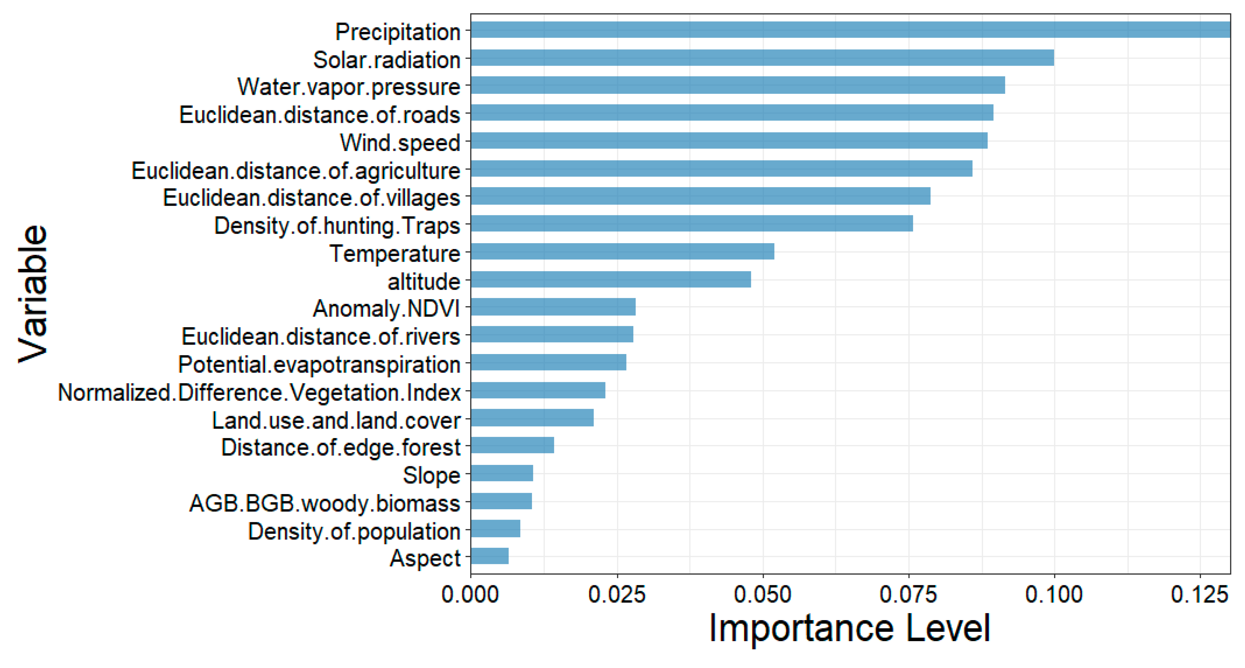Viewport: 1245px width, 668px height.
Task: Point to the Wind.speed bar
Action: coord(729,141)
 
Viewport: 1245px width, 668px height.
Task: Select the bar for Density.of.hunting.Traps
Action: coord(692,224)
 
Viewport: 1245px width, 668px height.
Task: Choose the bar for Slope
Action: coord(502,473)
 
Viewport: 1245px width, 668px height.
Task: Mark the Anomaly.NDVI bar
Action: coord(553,307)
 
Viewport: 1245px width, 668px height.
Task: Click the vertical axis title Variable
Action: coord(33,294)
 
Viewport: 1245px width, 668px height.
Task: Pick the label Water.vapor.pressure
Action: coord(348,87)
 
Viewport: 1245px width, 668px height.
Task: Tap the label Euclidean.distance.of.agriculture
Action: coord(295,171)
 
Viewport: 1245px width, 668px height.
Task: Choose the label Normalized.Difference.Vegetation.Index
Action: coord(259,392)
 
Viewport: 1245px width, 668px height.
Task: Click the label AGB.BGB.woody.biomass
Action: coord(324,503)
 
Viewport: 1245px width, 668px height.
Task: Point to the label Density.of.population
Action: coord(354,531)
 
